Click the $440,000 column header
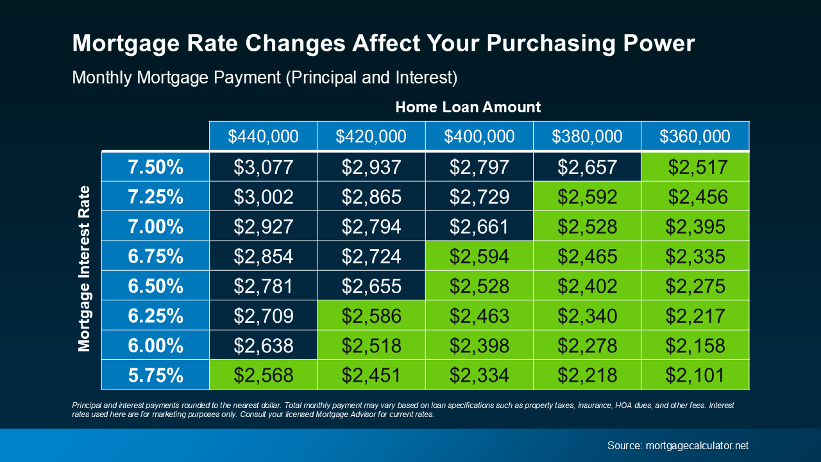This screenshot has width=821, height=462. click(x=263, y=136)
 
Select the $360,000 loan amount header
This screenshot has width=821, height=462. click(x=695, y=136)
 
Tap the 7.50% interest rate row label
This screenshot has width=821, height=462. click(x=155, y=167)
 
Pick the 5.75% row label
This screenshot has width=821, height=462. click(x=155, y=375)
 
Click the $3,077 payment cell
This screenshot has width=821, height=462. click(x=263, y=167)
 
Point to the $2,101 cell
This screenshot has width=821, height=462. click(x=695, y=375)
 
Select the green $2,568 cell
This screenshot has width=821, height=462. click(x=263, y=375)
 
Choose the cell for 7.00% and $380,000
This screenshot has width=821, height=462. click(x=587, y=226)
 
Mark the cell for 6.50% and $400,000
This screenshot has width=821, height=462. click(x=479, y=286)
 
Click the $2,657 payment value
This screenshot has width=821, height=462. click(x=587, y=167)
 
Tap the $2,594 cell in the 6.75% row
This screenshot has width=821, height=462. click(x=479, y=256)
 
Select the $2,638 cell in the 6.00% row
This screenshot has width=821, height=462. click(x=263, y=345)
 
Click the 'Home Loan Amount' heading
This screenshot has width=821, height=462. click(x=468, y=107)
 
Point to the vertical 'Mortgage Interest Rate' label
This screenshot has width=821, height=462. click(x=84, y=269)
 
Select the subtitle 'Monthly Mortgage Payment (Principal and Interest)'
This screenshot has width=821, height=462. click(x=264, y=78)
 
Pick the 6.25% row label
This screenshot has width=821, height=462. click(x=155, y=315)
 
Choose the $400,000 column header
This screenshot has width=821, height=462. click(x=479, y=136)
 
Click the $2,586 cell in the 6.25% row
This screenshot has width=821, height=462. click(x=371, y=315)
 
